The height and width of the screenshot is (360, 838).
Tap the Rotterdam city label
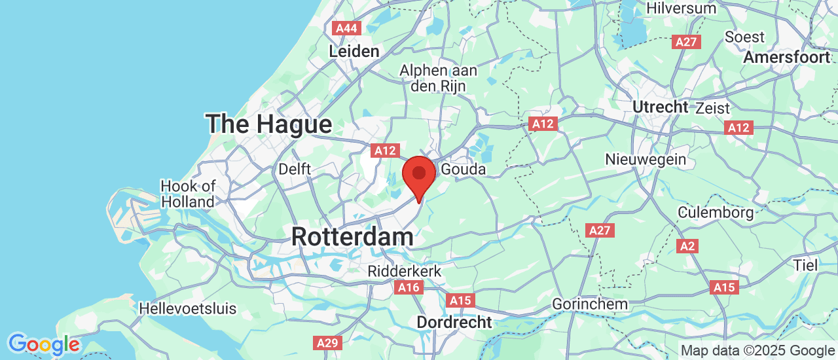[x=352, y=236]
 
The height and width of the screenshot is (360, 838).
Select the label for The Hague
[x=268, y=124]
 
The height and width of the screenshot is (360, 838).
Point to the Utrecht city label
[x=660, y=107]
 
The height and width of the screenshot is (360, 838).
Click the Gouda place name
[x=464, y=170]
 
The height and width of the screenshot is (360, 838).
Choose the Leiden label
[x=354, y=51]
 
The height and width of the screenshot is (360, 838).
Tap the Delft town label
[x=295, y=169]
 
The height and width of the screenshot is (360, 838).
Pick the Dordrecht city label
[x=454, y=322]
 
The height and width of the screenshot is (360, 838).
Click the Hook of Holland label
[x=188, y=194]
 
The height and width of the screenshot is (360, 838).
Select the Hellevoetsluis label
[x=188, y=308]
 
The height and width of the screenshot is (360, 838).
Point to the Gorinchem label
[x=590, y=304]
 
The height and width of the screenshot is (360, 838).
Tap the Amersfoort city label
[x=786, y=58]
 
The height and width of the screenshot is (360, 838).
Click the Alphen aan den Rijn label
[x=439, y=77]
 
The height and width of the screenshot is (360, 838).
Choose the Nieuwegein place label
[x=646, y=159]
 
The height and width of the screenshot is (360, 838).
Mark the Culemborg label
[x=715, y=212]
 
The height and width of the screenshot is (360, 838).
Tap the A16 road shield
[x=409, y=287]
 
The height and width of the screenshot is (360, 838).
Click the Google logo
[x=44, y=344]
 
